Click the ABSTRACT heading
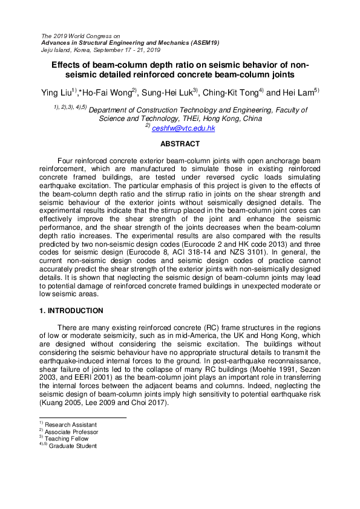[180, 144]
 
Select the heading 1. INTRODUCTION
[68, 311]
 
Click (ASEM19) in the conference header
[203, 43]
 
